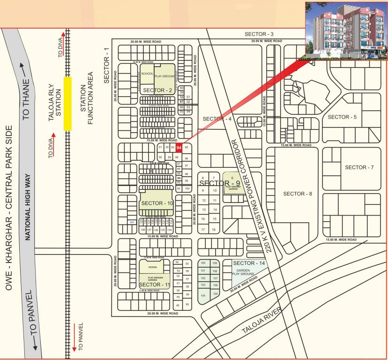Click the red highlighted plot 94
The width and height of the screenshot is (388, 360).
(x=178, y=147)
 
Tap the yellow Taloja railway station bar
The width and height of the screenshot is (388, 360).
(x=67, y=103)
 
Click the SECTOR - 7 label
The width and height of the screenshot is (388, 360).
(x=359, y=167)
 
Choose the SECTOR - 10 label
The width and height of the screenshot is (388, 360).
(x=157, y=203)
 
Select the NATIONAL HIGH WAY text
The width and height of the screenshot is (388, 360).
(x=28, y=207)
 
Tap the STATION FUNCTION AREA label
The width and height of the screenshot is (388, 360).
(x=88, y=99)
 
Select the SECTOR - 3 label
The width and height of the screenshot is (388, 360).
(x=259, y=34)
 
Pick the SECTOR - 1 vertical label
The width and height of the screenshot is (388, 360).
(x=106, y=66)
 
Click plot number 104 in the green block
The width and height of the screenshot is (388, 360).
(x=203, y=296)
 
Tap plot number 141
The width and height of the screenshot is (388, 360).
(x=132, y=222)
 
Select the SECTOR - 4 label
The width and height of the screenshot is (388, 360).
(x=217, y=119)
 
